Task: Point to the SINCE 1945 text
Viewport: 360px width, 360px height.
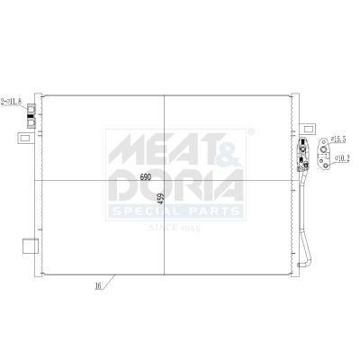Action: (x=174, y=228)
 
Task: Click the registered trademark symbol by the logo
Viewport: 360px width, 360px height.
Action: (x=251, y=133)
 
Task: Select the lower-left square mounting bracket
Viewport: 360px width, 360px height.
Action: (x=30, y=246)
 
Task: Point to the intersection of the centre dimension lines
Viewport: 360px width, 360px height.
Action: (x=165, y=181)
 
